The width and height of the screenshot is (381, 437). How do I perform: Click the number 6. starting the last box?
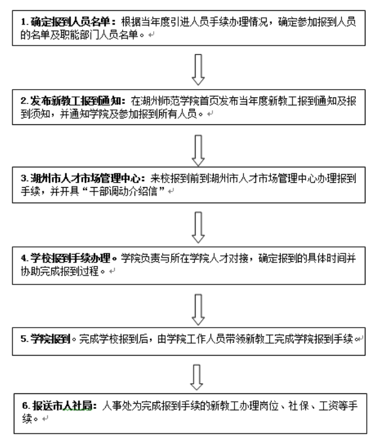23,405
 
